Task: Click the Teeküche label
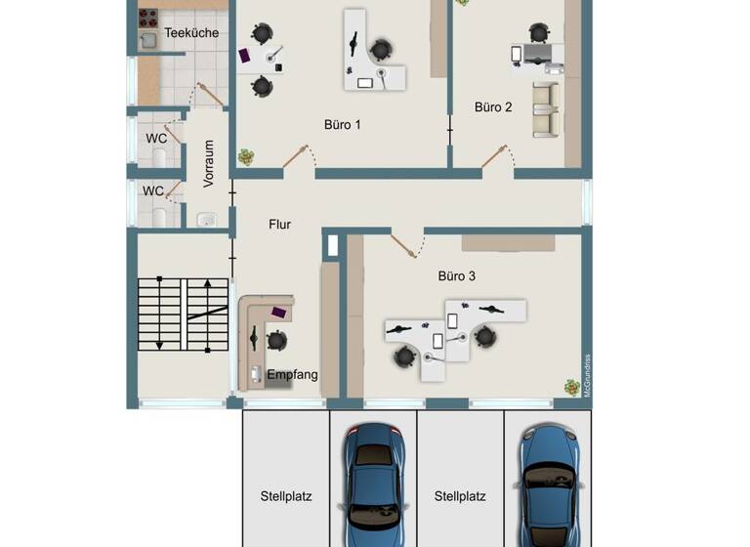191,33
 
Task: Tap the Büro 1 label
343,125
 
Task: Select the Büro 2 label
493,107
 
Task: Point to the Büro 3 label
457,276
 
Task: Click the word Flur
280,224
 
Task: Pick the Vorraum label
208,164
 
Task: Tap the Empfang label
292,374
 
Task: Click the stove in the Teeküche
148,17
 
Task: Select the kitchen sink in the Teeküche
148,40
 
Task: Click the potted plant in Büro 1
246,156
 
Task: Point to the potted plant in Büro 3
571,388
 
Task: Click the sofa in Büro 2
544,109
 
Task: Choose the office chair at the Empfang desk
276,340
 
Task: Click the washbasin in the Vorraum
206,220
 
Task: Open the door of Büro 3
404,244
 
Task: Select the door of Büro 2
495,156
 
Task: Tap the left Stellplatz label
286,496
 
